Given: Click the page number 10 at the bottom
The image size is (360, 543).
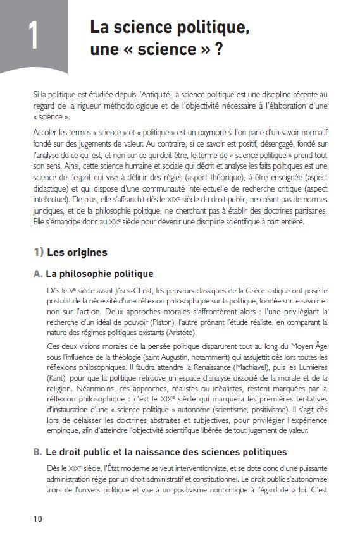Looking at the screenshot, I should coord(39,518).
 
